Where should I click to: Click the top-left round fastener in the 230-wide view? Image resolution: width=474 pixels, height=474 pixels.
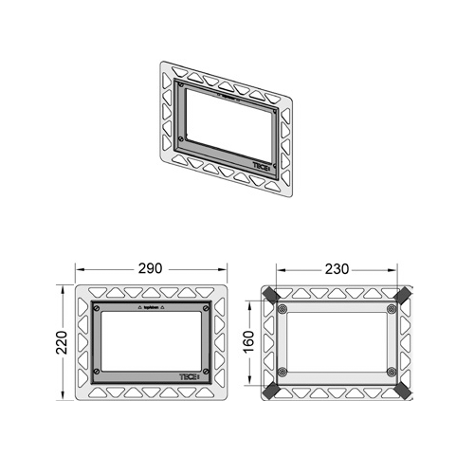pos(283,309)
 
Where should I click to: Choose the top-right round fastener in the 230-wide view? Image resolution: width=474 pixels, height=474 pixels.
pos(391,309)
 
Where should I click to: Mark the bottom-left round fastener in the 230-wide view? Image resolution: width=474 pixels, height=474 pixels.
pos(283,371)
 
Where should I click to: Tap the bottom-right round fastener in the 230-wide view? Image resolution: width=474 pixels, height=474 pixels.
pos(391,371)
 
